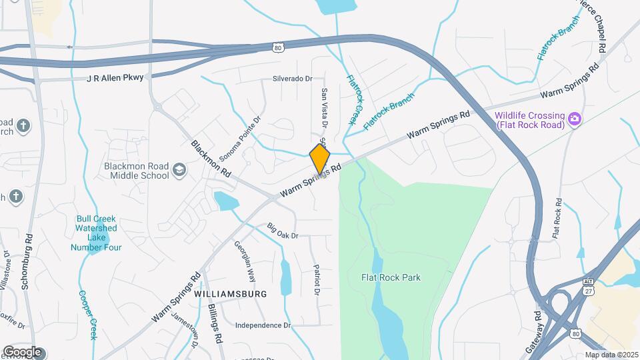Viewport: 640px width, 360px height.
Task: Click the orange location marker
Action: (x=320, y=159)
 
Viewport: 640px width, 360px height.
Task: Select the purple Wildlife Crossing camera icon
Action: (x=574, y=119)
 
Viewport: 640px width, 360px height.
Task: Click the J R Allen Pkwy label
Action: (x=115, y=78)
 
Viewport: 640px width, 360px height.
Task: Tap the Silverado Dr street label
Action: (x=292, y=79)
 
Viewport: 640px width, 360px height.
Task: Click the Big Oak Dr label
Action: (x=282, y=231)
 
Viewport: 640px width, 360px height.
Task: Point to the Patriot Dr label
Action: (x=317, y=280)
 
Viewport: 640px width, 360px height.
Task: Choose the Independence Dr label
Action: (x=263, y=325)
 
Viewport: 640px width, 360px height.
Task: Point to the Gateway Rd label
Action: (x=531, y=331)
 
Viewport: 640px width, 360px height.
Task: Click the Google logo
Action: (x=21, y=351)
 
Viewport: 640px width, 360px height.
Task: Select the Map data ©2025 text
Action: (x=611, y=355)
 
